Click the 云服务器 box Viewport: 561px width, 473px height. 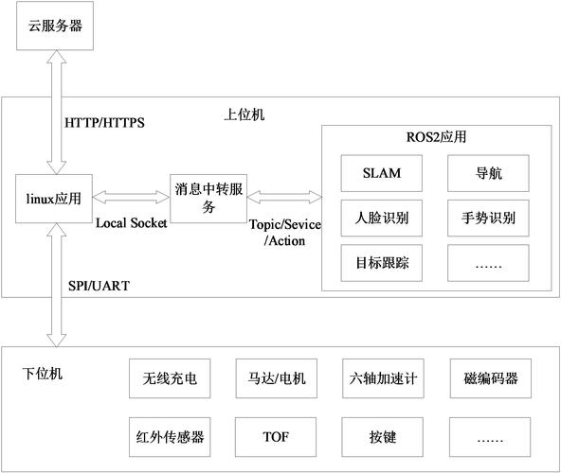point(50,26)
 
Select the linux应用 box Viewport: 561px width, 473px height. point(53,198)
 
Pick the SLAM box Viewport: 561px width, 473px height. point(382,173)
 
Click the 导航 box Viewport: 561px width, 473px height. point(488,173)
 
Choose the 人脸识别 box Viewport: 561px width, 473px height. point(382,219)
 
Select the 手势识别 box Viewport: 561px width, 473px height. point(488,219)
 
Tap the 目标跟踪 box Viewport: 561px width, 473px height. point(382,261)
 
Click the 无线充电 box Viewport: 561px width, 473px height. point(166,379)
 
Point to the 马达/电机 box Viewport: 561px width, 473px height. point(272,379)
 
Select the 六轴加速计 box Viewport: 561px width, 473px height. point(381,379)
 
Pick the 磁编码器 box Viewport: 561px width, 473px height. point(489,379)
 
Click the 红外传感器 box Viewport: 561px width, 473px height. point(166,437)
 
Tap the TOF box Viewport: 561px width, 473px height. point(272,437)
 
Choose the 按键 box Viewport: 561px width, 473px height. point(381,437)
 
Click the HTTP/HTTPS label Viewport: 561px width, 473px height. point(104,123)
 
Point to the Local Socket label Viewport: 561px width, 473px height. point(132,223)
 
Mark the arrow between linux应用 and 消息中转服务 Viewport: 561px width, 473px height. point(132,198)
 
